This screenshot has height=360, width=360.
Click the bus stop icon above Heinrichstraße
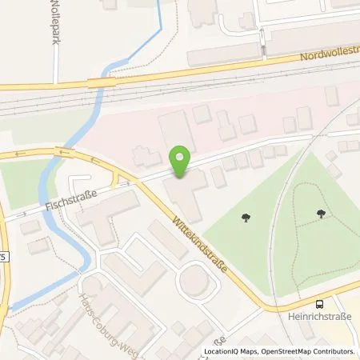pos(321,303)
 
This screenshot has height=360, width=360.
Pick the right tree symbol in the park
pos(321,213)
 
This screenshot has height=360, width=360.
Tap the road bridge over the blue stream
pos(99,82)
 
